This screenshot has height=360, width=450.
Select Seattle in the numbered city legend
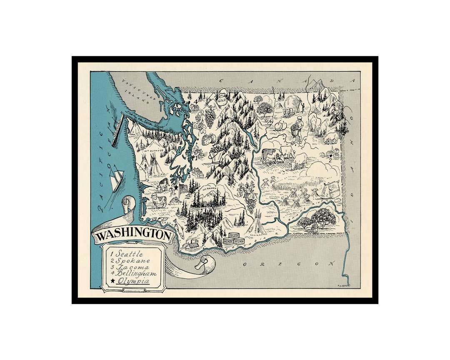(129, 254)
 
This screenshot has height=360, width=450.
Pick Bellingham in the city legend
(136, 274)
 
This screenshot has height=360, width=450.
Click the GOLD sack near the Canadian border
(222, 100)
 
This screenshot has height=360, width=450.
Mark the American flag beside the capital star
(183, 187)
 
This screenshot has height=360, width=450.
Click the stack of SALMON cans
(233, 239)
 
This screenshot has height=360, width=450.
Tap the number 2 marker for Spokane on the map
(330, 158)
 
